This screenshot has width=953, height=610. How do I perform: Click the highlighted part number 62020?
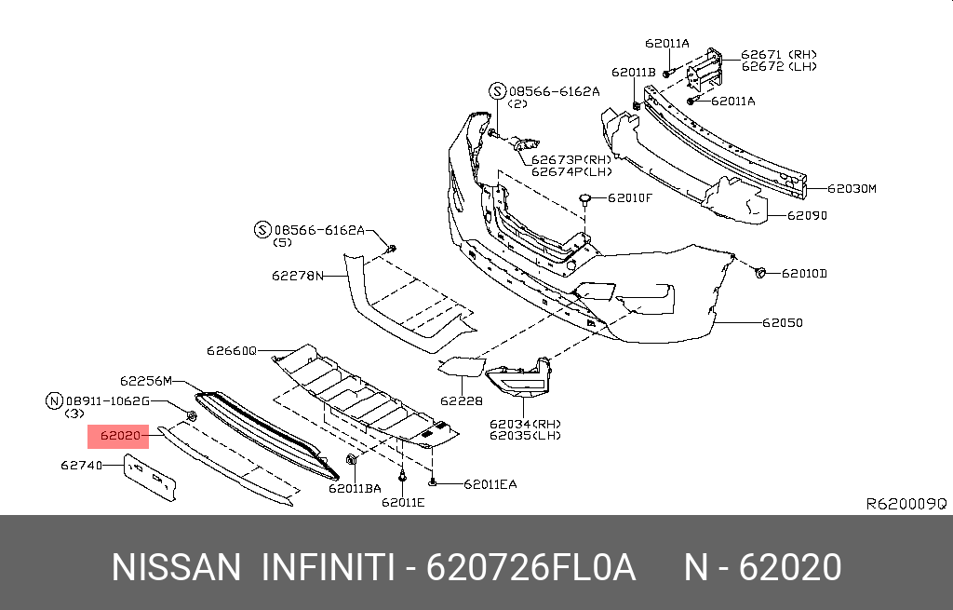tap(119, 435)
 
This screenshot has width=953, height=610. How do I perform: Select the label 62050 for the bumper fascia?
tap(782, 323)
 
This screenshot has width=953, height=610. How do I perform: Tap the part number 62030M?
tap(852, 189)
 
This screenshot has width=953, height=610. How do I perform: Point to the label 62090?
tap(807, 215)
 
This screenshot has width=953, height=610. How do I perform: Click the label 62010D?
tap(805, 273)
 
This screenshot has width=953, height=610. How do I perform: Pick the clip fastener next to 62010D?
tap(760, 272)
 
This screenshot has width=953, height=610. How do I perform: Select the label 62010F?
tap(631, 197)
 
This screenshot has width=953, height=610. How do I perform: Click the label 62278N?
tap(297, 276)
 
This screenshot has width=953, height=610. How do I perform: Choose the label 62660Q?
tap(231, 351)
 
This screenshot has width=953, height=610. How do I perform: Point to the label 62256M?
tap(146, 381)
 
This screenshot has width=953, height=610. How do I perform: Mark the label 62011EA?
tap(490, 484)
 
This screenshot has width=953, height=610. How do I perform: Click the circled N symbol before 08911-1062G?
tap(54, 400)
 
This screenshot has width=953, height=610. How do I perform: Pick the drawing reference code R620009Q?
tap(906, 504)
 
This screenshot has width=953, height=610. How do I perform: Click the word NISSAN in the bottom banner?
tap(174, 567)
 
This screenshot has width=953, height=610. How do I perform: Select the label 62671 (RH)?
tap(778, 55)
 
